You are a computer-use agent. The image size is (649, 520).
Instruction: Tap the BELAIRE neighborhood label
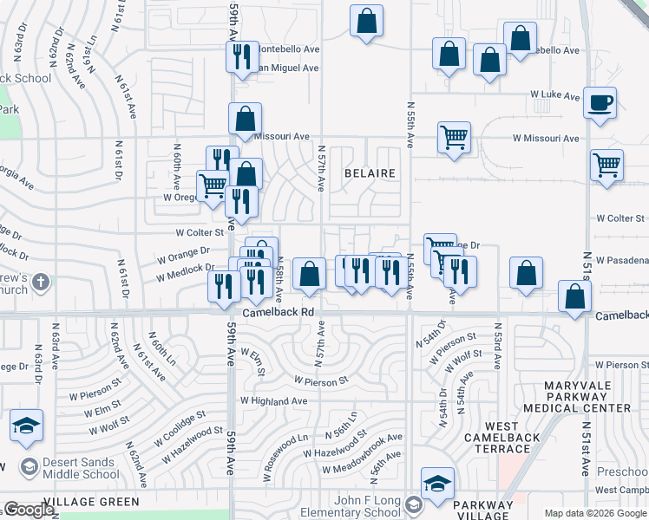tap(370, 173)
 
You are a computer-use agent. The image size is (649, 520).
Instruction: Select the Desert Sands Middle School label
tap(70, 469)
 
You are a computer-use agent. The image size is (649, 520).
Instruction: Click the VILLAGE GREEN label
tap(91, 502)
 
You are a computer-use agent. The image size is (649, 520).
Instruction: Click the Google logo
tap(28, 510)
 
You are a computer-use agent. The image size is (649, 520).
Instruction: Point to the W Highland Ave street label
tap(273, 401)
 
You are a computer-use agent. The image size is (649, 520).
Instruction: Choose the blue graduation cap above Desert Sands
tap(27, 425)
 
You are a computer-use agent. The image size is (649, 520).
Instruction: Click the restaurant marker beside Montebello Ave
tap(240, 56)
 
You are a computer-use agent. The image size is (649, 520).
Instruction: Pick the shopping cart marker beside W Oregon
tap(212, 185)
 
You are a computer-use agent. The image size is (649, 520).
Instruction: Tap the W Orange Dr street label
tap(183, 256)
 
